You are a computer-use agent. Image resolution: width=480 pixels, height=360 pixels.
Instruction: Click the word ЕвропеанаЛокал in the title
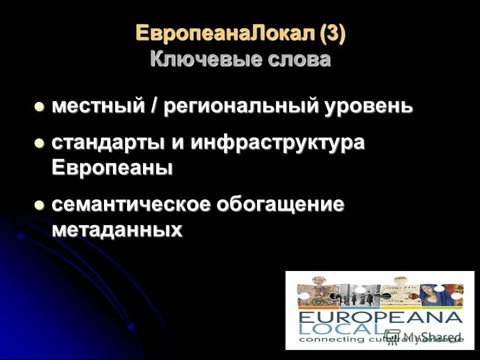click(227, 34)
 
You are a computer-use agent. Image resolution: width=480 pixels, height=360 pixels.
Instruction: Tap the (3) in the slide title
click(332, 34)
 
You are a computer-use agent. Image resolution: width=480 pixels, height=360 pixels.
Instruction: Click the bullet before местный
click(39, 106)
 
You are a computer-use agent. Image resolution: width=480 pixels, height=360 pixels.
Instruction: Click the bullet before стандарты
click(39, 143)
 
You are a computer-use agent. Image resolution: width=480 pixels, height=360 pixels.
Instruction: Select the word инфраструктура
click(276, 143)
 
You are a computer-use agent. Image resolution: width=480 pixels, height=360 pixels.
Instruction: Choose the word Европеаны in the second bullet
click(112, 167)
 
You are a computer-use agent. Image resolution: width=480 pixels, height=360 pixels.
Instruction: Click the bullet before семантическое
click(39, 205)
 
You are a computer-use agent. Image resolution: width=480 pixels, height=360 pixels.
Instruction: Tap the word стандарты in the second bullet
click(107, 143)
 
